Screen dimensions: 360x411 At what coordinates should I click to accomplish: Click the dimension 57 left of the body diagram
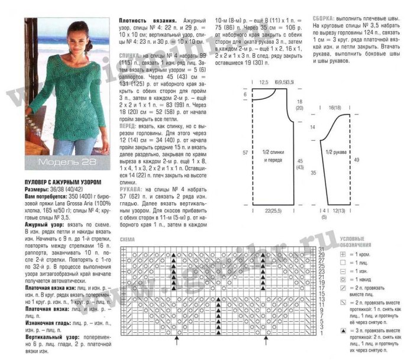pyautogui.click(x=245, y=153)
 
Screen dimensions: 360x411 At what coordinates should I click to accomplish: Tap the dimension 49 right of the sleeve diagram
pyautogui.click(x=372, y=160)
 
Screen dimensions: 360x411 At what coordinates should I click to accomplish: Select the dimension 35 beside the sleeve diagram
pyautogui.click(x=313, y=173)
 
